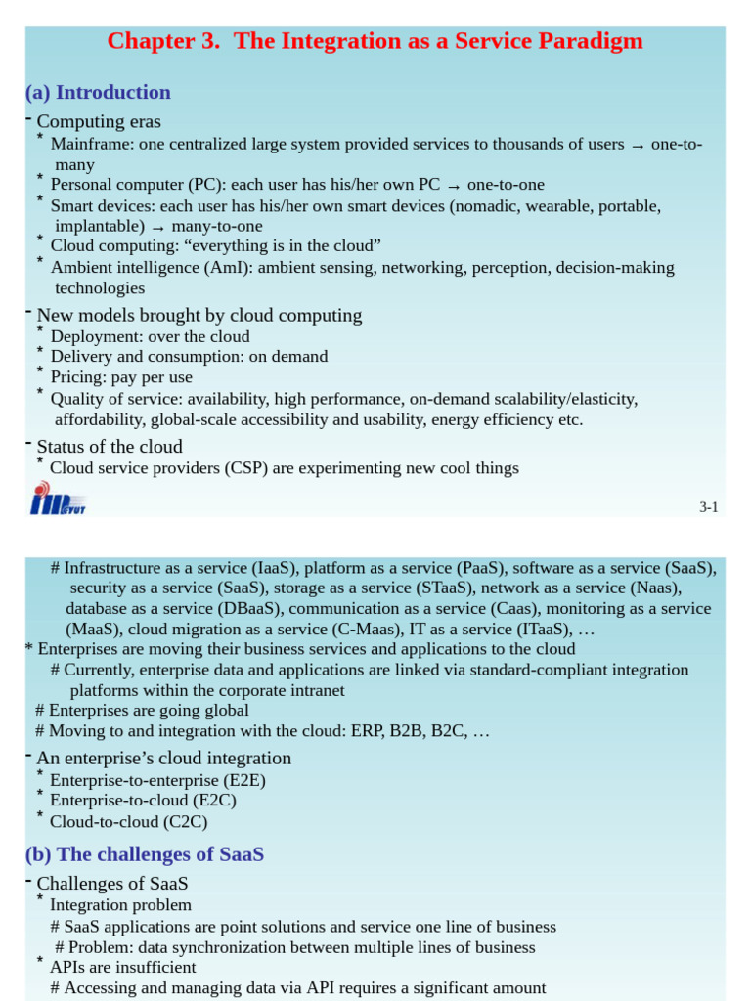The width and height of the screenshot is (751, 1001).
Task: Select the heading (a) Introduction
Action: tap(98, 93)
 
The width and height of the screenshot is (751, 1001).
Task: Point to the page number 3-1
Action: tap(709, 506)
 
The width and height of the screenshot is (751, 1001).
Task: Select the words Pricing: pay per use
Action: tap(121, 377)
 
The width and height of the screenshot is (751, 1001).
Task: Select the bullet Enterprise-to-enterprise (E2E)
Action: tap(157, 780)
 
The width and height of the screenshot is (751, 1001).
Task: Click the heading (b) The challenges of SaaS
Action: tap(145, 854)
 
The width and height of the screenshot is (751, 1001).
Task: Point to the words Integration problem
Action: tap(120, 905)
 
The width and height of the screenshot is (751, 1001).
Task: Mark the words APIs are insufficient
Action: tap(122, 967)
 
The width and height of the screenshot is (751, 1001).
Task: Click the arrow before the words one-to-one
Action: tap(454, 186)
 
